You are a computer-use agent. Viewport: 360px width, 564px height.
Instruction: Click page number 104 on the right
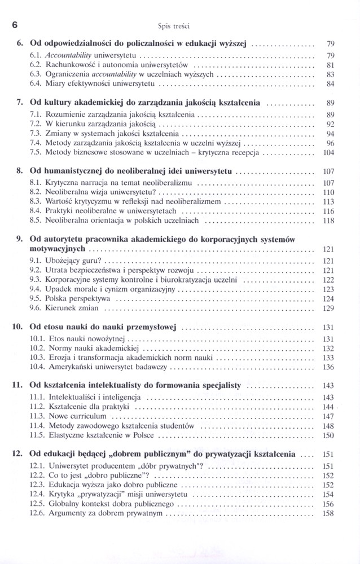coord(328,152)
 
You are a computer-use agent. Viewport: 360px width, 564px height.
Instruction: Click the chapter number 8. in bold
coord(20,173)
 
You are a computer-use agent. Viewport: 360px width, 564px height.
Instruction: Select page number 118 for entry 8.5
coord(328,222)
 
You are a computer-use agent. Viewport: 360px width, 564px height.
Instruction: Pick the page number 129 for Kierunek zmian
coord(328,309)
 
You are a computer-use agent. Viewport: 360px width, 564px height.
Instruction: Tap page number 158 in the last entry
coord(328,514)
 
